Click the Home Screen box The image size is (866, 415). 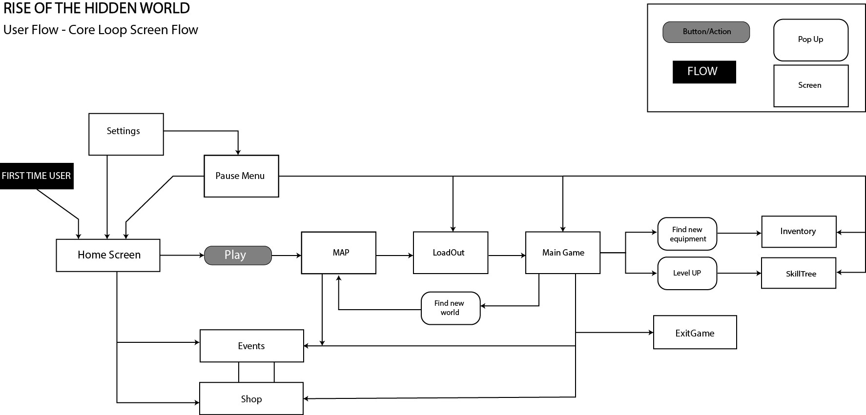click(x=108, y=255)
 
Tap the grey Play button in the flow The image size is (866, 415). click(x=237, y=256)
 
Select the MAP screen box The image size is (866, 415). click(x=338, y=253)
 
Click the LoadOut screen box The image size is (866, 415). click(x=450, y=253)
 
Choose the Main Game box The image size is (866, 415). click(x=562, y=253)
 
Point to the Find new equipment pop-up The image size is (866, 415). click(x=687, y=234)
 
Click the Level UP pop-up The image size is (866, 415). click(x=687, y=273)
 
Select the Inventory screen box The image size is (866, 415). click(x=799, y=232)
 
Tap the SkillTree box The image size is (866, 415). click(x=799, y=274)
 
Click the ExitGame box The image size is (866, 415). click(x=695, y=333)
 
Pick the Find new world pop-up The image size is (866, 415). click(x=450, y=308)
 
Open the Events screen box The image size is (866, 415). click(x=251, y=346)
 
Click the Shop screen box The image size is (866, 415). click(x=251, y=399)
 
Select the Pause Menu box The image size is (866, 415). click(x=241, y=176)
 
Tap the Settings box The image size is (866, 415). click(x=126, y=134)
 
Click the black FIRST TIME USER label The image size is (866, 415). click(x=37, y=176)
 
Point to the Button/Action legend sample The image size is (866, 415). click(x=706, y=32)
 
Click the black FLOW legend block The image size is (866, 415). click(x=704, y=72)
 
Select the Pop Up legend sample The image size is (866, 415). click(x=810, y=40)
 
